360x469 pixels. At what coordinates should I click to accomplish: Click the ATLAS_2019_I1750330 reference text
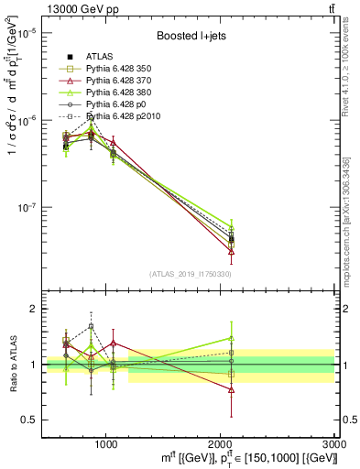tap(189, 274)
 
